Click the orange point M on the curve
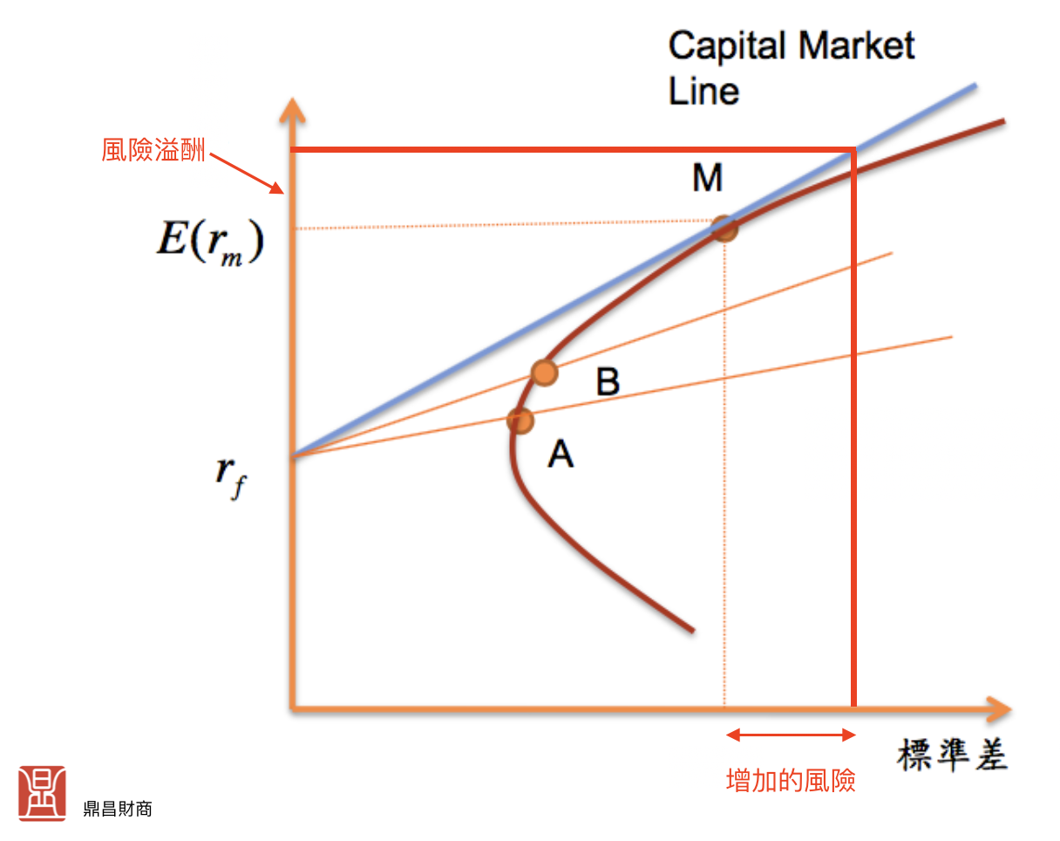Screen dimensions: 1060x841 pyautogui.click(x=724, y=229)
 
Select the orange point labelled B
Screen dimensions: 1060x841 pyautogui.click(x=543, y=373)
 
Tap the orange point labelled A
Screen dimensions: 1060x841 pyautogui.click(x=520, y=420)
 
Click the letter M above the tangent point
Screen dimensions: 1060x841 pyautogui.click(x=707, y=179)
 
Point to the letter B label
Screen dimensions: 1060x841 pyautogui.click(x=608, y=382)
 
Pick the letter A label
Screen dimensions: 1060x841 pyautogui.click(x=561, y=453)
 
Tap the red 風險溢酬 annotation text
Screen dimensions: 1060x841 pyautogui.click(x=153, y=151)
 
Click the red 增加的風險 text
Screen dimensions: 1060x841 pyautogui.click(x=791, y=780)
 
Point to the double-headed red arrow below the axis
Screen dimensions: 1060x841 pyautogui.click(x=791, y=735)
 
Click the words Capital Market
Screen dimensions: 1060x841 pyautogui.click(x=791, y=45)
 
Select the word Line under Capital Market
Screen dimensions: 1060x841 pyautogui.click(x=703, y=91)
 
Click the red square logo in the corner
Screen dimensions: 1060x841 pyautogui.click(x=42, y=793)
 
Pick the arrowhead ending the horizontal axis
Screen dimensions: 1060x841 pyautogui.click(x=998, y=708)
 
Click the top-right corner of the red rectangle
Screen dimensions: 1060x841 pyautogui.click(x=853, y=150)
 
